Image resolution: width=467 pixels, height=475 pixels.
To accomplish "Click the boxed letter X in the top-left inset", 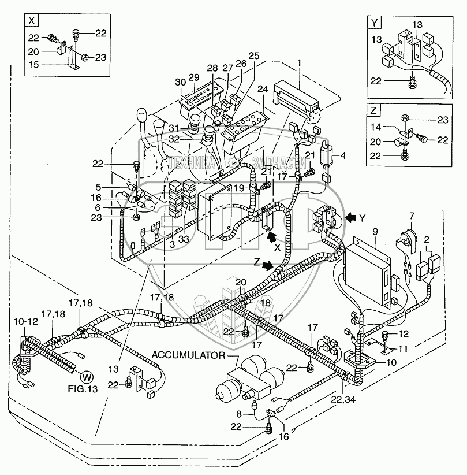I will (x=32, y=22).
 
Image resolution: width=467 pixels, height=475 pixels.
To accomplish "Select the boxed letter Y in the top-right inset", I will (x=375, y=23).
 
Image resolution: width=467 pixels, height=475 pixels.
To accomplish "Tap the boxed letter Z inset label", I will (x=375, y=110).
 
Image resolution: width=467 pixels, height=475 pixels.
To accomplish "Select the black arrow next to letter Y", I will (x=350, y=218).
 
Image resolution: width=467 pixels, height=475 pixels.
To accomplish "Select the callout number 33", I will (x=184, y=239).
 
